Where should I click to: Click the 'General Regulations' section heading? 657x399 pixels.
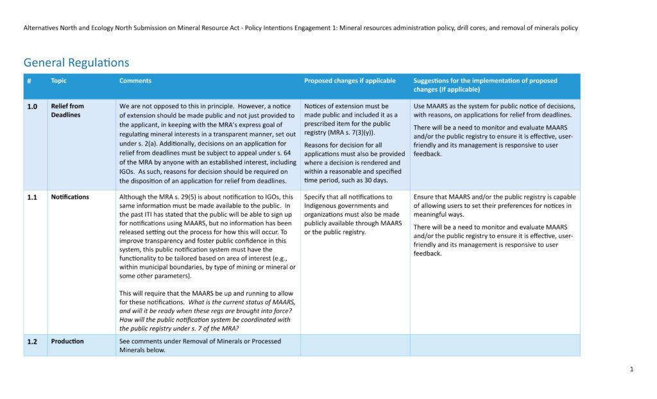(76, 62)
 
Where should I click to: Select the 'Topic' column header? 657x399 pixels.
(58, 81)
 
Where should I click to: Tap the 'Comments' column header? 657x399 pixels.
(135, 81)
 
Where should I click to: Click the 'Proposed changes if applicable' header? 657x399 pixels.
(350, 81)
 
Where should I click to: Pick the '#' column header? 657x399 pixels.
(30, 81)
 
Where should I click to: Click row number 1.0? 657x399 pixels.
(32, 106)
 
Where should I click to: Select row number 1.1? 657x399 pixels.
(32, 198)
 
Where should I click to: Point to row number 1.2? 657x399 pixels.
(32, 341)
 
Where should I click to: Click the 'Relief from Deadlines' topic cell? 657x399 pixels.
(67, 110)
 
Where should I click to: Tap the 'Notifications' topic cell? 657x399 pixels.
(70, 197)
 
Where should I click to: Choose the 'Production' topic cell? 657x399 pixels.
(67, 341)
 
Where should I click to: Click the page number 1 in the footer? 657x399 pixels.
(632, 369)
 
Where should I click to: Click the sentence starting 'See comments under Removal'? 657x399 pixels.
(200, 341)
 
